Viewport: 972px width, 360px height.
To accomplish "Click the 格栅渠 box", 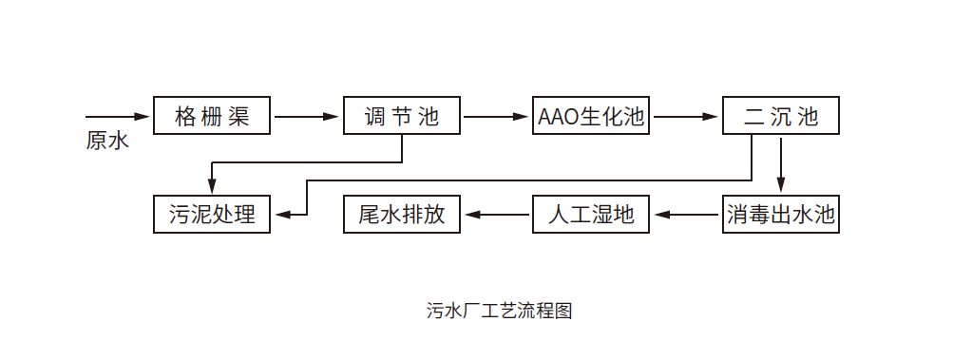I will pyautogui.click(x=213, y=116).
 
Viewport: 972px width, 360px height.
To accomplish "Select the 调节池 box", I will pyautogui.click(x=402, y=116).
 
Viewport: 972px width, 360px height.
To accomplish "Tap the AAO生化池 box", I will pyautogui.click(x=591, y=116).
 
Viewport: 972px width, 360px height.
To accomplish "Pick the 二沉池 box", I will pyautogui.click(x=780, y=116).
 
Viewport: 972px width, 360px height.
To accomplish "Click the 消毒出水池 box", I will pyautogui.click(x=780, y=214).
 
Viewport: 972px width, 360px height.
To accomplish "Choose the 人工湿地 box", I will pyautogui.click(x=591, y=214).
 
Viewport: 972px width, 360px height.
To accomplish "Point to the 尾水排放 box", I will pyautogui.click(x=402, y=214).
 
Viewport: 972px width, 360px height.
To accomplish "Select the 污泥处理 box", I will pyautogui.click(x=213, y=214).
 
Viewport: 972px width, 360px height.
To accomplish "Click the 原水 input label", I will pyautogui.click(x=106, y=142).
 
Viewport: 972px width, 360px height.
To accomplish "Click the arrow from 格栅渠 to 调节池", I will pyautogui.click(x=307, y=117).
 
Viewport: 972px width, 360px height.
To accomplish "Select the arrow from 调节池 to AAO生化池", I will pyautogui.click(x=496, y=117).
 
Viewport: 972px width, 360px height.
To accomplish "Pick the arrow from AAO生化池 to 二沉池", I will pyautogui.click(x=685, y=117).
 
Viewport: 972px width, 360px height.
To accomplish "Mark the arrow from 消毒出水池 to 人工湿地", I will pyautogui.click(x=686, y=215).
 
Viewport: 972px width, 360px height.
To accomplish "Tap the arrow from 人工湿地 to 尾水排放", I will pyautogui.click(x=497, y=215).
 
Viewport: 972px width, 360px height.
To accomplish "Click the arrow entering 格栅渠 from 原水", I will pyautogui.click(x=119, y=117).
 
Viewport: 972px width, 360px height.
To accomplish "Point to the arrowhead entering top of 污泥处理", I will pyautogui.click(x=212, y=187).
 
